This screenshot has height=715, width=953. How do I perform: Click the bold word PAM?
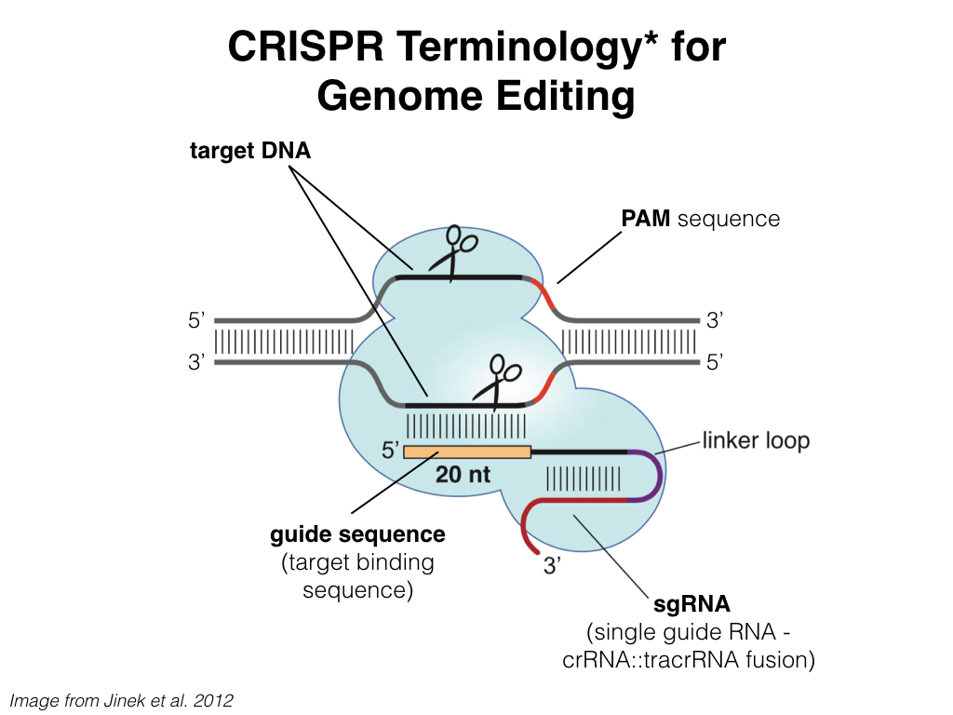(x=646, y=219)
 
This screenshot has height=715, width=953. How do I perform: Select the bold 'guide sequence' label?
(x=357, y=535)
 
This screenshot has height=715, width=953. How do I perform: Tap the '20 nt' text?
(x=463, y=474)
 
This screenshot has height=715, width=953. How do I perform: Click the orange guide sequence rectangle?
(x=466, y=452)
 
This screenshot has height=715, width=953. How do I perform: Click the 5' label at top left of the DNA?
(x=196, y=321)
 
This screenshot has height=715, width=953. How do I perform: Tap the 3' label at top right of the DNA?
(x=715, y=321)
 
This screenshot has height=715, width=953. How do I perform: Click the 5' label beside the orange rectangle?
(x=390, y=452)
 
